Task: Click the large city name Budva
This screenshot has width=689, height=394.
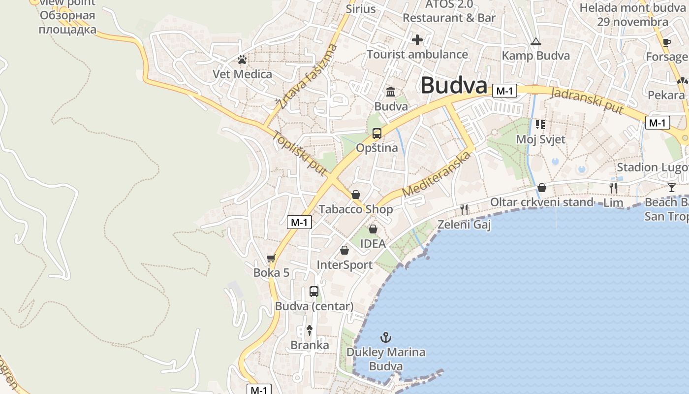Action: pos(453,85)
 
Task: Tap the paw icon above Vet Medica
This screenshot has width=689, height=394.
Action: pos(242,60)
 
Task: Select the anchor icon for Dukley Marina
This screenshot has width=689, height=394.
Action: pos(386,337)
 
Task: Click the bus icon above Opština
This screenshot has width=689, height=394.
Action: pos(377,133)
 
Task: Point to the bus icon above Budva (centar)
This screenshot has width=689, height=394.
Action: pos(314,291)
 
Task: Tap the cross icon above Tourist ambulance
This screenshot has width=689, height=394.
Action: pos(417,40)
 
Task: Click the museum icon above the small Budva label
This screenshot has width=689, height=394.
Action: pos(391,92)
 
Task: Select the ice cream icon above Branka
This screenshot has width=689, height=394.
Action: pos(310,330)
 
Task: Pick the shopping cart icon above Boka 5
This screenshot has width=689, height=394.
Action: pos(271,258)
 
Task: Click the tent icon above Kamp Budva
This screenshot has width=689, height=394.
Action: pos(535,41)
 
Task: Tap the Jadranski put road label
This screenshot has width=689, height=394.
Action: pos(587,100)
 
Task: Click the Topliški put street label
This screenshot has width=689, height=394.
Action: pos(300,153)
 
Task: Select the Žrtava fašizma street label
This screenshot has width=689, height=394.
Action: pos(307,76)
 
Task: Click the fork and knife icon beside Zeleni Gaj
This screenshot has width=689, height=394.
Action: pos(464,210)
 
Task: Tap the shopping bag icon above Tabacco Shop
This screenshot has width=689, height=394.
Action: pos(356,195)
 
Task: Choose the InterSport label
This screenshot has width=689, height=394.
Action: pos(344,265)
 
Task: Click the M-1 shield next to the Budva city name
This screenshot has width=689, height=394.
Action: pos(505,91)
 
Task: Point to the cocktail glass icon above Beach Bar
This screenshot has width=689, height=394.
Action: pos(672,187)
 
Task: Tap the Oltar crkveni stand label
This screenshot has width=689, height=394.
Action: pos(542,202)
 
